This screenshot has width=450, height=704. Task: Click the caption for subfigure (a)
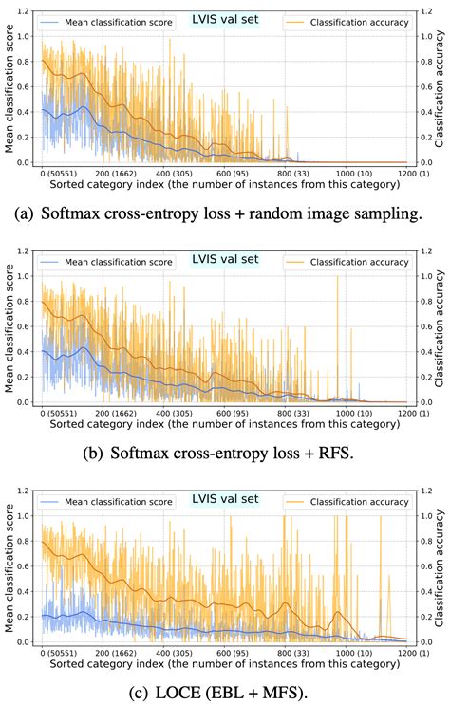coord(225,213)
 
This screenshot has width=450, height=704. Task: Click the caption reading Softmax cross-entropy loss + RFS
coord(225,453)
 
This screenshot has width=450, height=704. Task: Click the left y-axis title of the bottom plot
coord(9,574)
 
